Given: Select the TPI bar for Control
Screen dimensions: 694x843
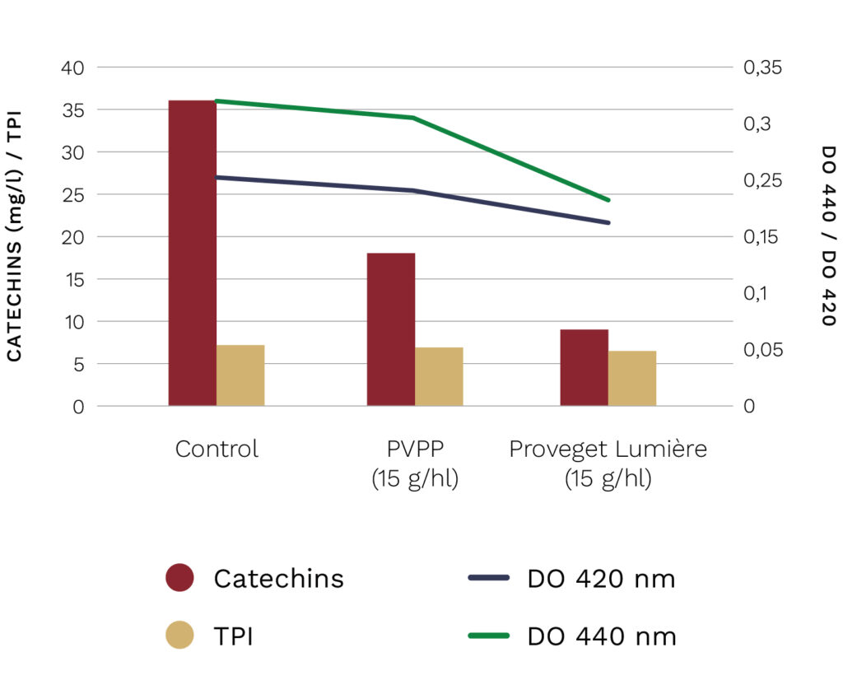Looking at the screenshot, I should coord(240,375).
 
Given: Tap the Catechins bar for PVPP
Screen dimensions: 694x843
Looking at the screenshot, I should coord(391,329).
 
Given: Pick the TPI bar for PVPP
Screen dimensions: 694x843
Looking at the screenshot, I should coord(439,376).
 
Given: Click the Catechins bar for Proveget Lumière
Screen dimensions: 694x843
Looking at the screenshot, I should coord(584,367).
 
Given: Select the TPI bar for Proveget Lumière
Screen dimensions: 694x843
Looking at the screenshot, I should coord(632,378).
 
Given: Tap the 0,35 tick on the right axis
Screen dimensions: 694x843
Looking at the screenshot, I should coord(764,68).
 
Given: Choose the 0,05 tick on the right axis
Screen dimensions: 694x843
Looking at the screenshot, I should coord(764,350).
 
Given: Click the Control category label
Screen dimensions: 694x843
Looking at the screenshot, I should coord(217,449).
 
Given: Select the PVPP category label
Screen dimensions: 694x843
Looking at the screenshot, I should coord(414,449).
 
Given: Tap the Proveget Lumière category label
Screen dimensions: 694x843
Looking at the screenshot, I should coord(608,449).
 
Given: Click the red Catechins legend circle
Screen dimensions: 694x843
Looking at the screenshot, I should coord(179,578).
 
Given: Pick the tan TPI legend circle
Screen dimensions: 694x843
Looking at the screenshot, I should coord(179,636).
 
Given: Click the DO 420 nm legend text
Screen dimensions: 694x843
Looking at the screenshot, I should coord(601,579).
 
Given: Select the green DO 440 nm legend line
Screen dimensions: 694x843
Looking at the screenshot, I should coord(491,636).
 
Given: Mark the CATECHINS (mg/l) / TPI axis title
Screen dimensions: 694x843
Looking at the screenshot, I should coord(15,236).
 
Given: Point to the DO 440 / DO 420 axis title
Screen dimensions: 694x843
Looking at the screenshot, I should coord(827,236).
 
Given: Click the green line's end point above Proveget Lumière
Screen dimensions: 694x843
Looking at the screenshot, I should coord(608,200).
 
